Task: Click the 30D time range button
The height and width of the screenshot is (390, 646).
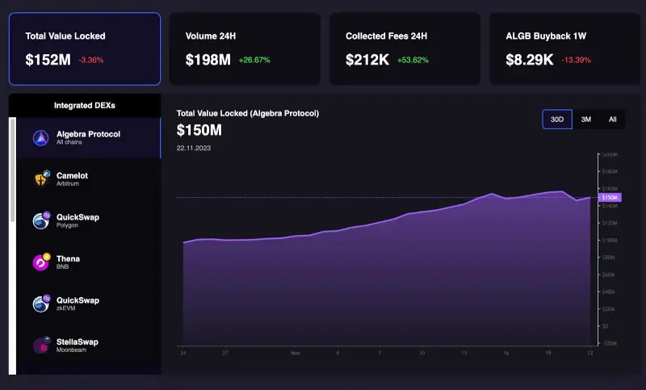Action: pos(557,120)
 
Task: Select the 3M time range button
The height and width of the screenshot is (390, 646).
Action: pos(586,120)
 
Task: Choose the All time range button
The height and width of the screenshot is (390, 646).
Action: pos(612,120)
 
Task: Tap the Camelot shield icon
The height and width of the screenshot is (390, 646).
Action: pos(42,179)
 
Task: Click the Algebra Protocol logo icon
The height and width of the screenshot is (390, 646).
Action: pos(42,138)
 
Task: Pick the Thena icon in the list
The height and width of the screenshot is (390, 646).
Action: pos(42,262)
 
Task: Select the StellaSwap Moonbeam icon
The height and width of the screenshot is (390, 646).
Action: pos(42,346)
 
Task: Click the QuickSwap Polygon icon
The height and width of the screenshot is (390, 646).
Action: pos(42,220)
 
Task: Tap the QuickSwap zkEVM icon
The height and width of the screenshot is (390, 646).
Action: pos(42,304)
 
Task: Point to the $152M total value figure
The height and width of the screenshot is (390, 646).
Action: pos(48,60)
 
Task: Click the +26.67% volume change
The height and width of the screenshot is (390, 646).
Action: pos(254,61)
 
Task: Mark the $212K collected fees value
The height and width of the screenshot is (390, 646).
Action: pos(368,60)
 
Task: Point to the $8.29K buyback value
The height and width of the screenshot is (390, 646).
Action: pos(529,60)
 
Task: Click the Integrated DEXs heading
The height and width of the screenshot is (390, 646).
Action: pos(84,106)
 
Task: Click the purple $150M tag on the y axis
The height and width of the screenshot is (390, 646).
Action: pos(610,197)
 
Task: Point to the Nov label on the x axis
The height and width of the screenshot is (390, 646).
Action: pos(296,353)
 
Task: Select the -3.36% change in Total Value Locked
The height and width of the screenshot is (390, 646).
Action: pos(91,61)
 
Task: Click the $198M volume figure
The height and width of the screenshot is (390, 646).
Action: pos(208,60)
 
